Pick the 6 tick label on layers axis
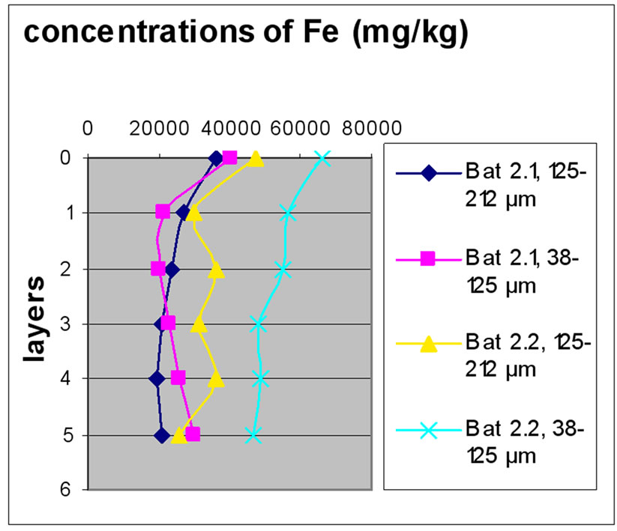pyautogui.click(x=66, y=490)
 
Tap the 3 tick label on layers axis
pyautogui.click(x=66, y=324)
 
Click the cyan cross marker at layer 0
pyautogui.click(x=323, y=158)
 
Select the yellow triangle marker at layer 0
pyautogui.click(x=256, y=159)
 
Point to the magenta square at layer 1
pyautogui.click(x=163, y=212)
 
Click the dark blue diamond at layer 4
pyautogui.click(x=157, y=378)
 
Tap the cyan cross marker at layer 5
pyautogui.click(x=253, y=434)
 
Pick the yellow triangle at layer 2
pyautogui.click(x=217, y=270)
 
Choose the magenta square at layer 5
pyautogui.click(x=193, y=434)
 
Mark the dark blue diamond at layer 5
pyautogui.click(x=161, y=434)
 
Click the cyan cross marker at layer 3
pyautogui.click(x=258, y=324)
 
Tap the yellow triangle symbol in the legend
pyautogui.click(x=428, y=345)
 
